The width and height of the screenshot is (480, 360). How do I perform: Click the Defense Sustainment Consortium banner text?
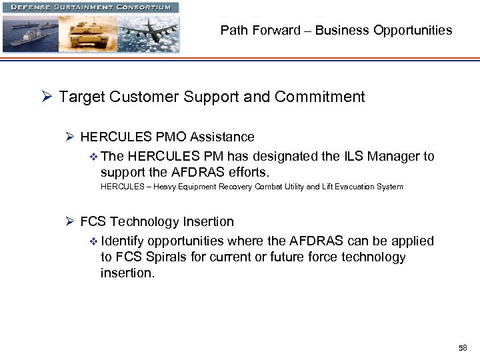(x=89, y=7)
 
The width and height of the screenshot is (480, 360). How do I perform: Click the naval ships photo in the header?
(x=30, y=34)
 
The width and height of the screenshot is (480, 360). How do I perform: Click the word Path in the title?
(x=233, y=30)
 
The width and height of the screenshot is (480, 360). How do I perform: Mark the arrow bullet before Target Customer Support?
(x=47, y=97)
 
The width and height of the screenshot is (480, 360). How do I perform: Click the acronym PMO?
(x=171, y=137)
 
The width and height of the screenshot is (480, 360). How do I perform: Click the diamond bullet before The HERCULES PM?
(x=93, y=157)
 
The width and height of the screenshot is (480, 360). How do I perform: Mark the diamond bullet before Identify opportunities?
(x=93, y=241)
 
